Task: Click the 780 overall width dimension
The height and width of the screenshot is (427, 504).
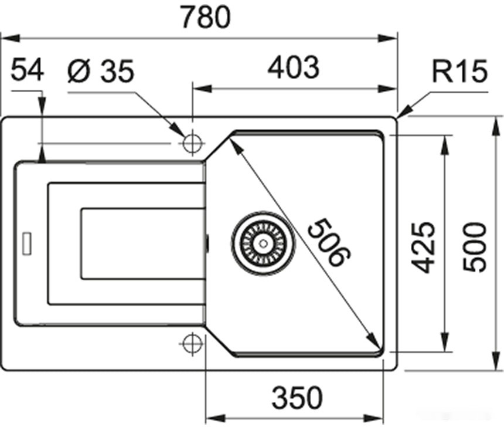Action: coord(206,16)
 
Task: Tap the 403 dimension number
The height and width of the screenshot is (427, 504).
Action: coord(294,67)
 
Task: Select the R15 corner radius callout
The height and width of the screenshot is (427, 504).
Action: coord(459,71)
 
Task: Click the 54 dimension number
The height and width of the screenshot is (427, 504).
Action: coord(28,69)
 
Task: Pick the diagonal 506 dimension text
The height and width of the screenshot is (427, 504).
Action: coord(329,242)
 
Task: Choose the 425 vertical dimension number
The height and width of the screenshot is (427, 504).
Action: coord(424,248)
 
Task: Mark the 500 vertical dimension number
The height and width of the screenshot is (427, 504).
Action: coord(475,247)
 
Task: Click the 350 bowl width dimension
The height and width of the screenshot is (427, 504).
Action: coord(297,398)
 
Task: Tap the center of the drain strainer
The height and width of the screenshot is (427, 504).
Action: coord(263,243)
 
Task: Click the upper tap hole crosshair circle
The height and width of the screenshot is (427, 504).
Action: coord(192,143)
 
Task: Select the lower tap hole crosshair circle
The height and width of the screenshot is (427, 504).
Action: coord(192,344)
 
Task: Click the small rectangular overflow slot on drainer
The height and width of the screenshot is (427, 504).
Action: coord(27,243)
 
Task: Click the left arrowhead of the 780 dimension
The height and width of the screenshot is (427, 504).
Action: coord(11,38)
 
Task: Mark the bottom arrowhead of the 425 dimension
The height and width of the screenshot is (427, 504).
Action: coord(445,342)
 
